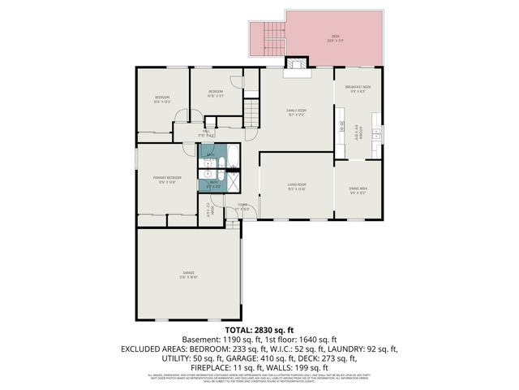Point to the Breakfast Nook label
[358, 89]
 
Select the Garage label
[188, 274]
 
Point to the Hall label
[207, 132]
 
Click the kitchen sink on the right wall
[376, 132]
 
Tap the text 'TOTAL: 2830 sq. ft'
[259, 330]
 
